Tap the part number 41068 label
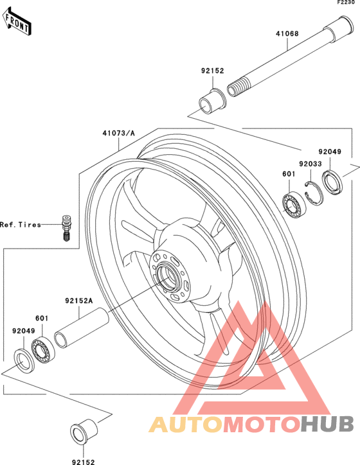pos(287,33)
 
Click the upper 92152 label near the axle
pos(213,71)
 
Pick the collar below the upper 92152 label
pos(213,101)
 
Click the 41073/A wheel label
pos(118,133)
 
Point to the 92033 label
pos(310,164)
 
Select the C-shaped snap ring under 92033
pos(314,193)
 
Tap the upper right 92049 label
pos(330,152)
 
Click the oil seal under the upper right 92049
pos(332,182)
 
